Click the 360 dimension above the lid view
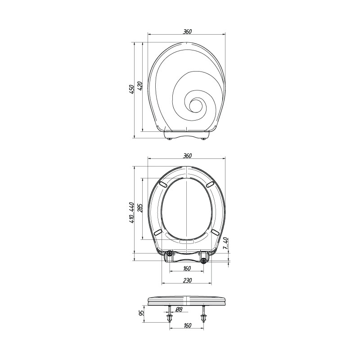[187, 31]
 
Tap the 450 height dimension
[131, 89]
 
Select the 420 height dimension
[140, 85]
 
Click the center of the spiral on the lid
[195, 105]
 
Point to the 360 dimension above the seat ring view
[187, 155]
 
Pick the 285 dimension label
[140, 208]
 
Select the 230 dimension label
[187, 280]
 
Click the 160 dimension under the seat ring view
[187, 268]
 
